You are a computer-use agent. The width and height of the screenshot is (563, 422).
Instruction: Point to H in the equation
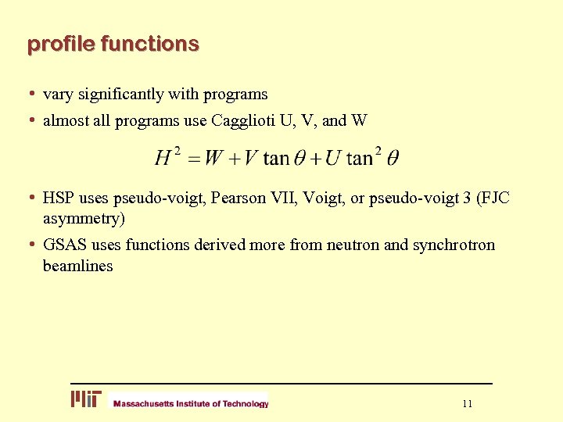tap(163, 159)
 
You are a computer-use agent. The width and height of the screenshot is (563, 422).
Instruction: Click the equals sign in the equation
tap(192, 159)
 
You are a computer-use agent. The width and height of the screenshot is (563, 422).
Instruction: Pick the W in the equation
tap(213, 159)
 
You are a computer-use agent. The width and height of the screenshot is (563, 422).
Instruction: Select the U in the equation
tap(333, 159)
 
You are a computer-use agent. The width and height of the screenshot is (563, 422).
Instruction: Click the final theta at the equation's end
tap(392, 159)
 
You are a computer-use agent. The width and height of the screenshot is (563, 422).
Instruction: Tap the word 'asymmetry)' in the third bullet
tap(84, 217)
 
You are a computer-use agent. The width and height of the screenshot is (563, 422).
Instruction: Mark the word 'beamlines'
tap(77, 266)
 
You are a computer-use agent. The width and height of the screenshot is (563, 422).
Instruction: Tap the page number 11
tap(468, 404)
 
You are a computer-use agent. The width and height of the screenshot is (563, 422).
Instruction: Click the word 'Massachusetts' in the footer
tap(142, 404)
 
